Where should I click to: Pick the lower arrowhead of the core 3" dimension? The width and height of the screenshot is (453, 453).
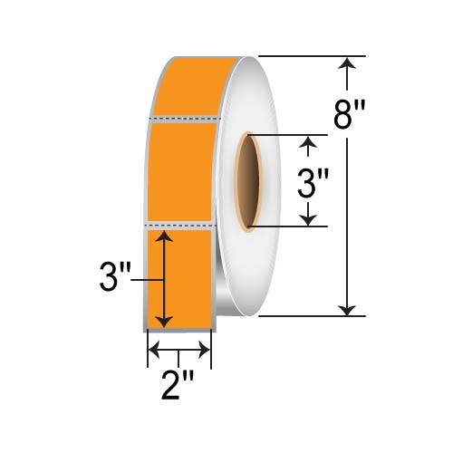tap(311, 219)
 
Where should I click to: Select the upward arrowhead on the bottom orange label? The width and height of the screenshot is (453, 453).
tap(163, 236)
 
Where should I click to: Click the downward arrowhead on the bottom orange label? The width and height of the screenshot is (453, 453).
tap(163, 322)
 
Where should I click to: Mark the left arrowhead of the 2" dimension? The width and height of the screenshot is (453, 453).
tap(153, 349)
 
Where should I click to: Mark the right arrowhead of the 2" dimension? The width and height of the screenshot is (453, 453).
tap(207, 349)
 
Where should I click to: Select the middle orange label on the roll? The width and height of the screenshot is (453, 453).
tap(181, 169)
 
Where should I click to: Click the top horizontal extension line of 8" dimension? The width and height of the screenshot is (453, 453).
tap(308, 56)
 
